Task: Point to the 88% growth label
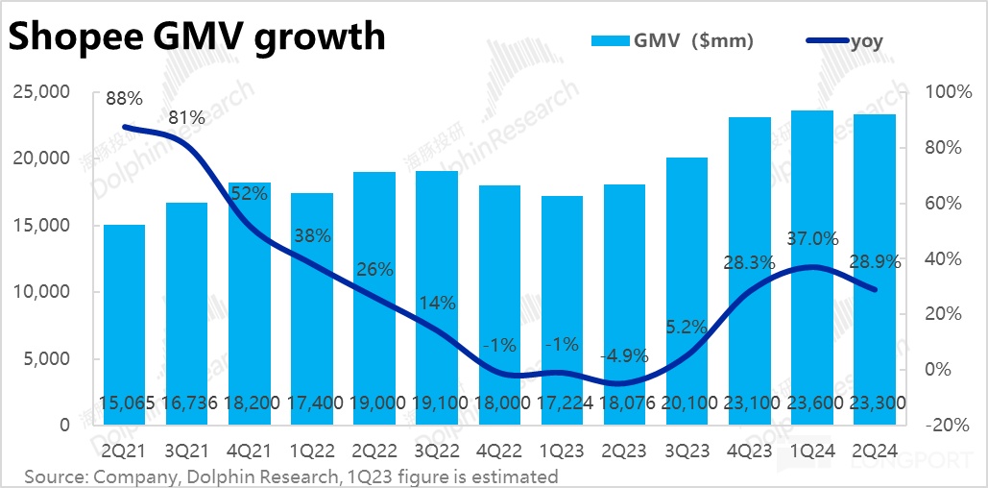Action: (x=123, y=98)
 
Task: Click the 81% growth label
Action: (x=186, y=118)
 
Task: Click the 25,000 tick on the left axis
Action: (x=41, y=92)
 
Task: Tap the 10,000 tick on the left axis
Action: (x=41, y=292)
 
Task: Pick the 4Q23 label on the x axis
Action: (x=749, y=451)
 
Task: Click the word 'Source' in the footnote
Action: (x=55, y=476)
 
